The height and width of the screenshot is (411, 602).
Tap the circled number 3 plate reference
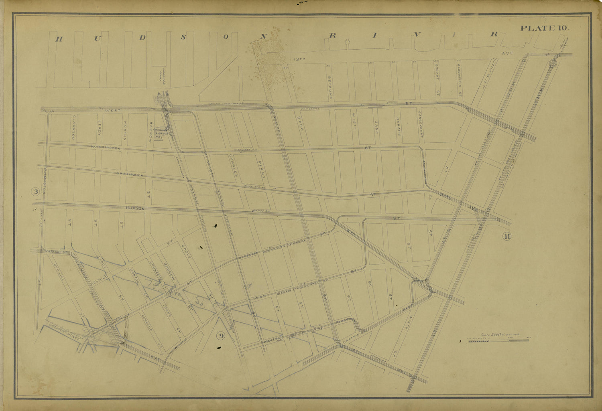click(36, 192)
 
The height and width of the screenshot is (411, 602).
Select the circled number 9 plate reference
click(221, 336)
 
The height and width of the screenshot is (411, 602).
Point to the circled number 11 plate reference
click(506, 236)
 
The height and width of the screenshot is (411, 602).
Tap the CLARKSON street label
click(74, 128)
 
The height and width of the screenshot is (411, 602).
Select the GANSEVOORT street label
click(421, 125)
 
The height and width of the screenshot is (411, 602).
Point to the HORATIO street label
click(399, 127)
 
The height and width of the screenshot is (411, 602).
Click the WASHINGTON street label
click(106, 148)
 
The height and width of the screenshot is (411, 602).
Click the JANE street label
click(376, 126)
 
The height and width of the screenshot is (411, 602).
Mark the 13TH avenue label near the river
click(300, 59)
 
